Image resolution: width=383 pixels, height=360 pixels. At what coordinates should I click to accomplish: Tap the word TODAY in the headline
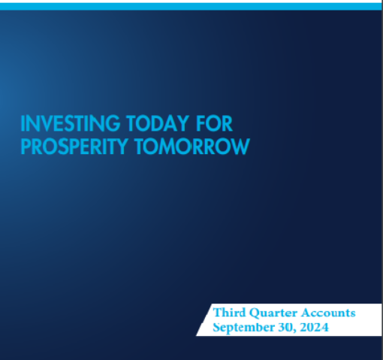click(158, 123)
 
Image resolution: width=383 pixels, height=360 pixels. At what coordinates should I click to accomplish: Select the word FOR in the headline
click(214, 123)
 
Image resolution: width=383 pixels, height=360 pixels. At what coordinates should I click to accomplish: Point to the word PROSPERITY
click(74, 147)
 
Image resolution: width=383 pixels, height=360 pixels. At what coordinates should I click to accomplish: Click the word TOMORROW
click(192, 147)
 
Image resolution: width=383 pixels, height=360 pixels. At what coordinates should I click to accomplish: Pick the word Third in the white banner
click(229, 313)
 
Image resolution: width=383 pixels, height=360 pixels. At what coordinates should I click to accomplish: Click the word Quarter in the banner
click(273, 313)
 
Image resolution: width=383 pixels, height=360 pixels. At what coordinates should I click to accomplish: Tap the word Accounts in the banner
click(328, 313)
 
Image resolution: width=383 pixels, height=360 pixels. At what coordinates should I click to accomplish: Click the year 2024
click(314, 327)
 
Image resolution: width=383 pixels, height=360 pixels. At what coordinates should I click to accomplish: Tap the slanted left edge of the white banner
click(204, 319)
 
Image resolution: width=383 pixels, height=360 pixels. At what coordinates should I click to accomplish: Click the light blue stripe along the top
click(191, 7)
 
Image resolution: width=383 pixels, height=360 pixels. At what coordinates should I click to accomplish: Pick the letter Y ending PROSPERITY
click(121, 147)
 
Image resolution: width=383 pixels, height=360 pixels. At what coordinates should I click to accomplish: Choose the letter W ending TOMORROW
click(241, 147)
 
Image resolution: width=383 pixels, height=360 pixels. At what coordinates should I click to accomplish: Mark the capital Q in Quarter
click(255, 313)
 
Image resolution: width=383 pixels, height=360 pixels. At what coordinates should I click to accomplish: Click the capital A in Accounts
click(306, 313)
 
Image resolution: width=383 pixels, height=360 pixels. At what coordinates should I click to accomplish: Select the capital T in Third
click(218, 313)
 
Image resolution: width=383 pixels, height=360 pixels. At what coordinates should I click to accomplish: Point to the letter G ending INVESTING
click(113, 123)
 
